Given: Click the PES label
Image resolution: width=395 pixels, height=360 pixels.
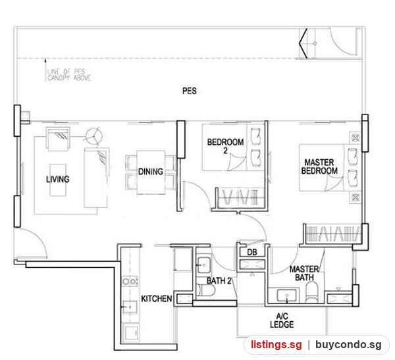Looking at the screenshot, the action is click(x=190, y=91).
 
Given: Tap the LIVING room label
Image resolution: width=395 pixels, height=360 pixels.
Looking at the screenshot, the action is click(x=58, y=179).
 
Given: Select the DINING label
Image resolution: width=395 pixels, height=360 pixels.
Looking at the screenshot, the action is click(x=151, y=172).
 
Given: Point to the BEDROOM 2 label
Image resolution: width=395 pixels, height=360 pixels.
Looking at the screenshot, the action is click(x=225, y=146).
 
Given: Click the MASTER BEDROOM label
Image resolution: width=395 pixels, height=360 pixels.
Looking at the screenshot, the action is click(x=319, y=167).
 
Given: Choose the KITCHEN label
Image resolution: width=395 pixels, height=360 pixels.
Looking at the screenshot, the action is click(x=157, y=299).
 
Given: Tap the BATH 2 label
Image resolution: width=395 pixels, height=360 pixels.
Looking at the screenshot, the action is click(x=219, y=280).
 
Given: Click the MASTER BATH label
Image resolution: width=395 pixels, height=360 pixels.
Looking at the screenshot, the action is click(x=304, y=273).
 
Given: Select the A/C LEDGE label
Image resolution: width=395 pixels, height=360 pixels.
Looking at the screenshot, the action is click(x=282, y=321).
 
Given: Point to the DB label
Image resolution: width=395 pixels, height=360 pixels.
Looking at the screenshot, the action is click(x=252, y=252).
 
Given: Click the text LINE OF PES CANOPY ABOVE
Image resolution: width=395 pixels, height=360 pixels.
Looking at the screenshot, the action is click(x=69, y=75).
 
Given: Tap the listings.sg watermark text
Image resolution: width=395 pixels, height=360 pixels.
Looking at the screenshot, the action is click(x=276, y=344).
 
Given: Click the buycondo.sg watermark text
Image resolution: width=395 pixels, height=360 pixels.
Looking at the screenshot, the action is click(x=348, y=344).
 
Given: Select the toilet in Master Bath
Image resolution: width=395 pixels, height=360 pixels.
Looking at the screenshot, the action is click(x=312, y=292).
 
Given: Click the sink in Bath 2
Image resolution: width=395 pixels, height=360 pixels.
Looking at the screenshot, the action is click(x=203, y=265).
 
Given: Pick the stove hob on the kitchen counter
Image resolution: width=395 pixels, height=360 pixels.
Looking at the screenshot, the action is click(x=130, y=281).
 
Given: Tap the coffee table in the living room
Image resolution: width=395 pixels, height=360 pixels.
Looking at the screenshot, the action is click(x=58, y=180).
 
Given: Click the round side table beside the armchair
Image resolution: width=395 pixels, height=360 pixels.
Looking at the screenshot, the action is click(x=94, y=136).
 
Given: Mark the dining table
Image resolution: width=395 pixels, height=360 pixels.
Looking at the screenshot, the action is click(x=151, y=172).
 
